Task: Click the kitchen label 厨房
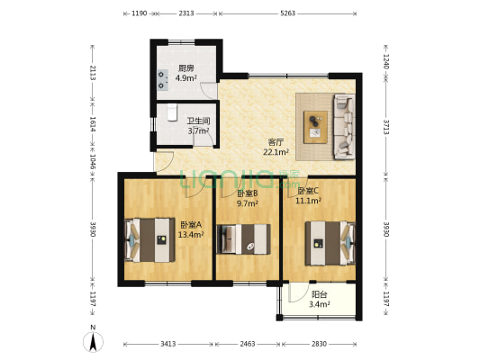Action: pos(186,68)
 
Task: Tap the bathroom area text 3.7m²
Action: pos(198,130)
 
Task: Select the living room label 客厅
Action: pos(276,142)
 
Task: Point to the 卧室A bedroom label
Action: pos(191,225)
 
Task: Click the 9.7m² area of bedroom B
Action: pos(248,203)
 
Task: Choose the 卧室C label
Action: pos(308,191)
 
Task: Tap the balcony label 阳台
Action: pos(320,294)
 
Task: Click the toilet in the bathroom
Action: pos(172,112)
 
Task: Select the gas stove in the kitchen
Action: pos(162,80)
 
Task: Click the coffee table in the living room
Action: pos(315,127)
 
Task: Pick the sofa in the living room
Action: pos(344,127)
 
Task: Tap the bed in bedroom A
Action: pos(150,239)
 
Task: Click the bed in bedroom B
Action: pos(244,239)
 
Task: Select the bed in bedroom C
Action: pos(331,243)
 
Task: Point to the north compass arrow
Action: pos(93,342)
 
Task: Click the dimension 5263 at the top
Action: pos(288,13)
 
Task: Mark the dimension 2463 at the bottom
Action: pos(248,344)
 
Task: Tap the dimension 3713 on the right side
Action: pos(386,127)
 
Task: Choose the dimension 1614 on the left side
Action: pos(93,124)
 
